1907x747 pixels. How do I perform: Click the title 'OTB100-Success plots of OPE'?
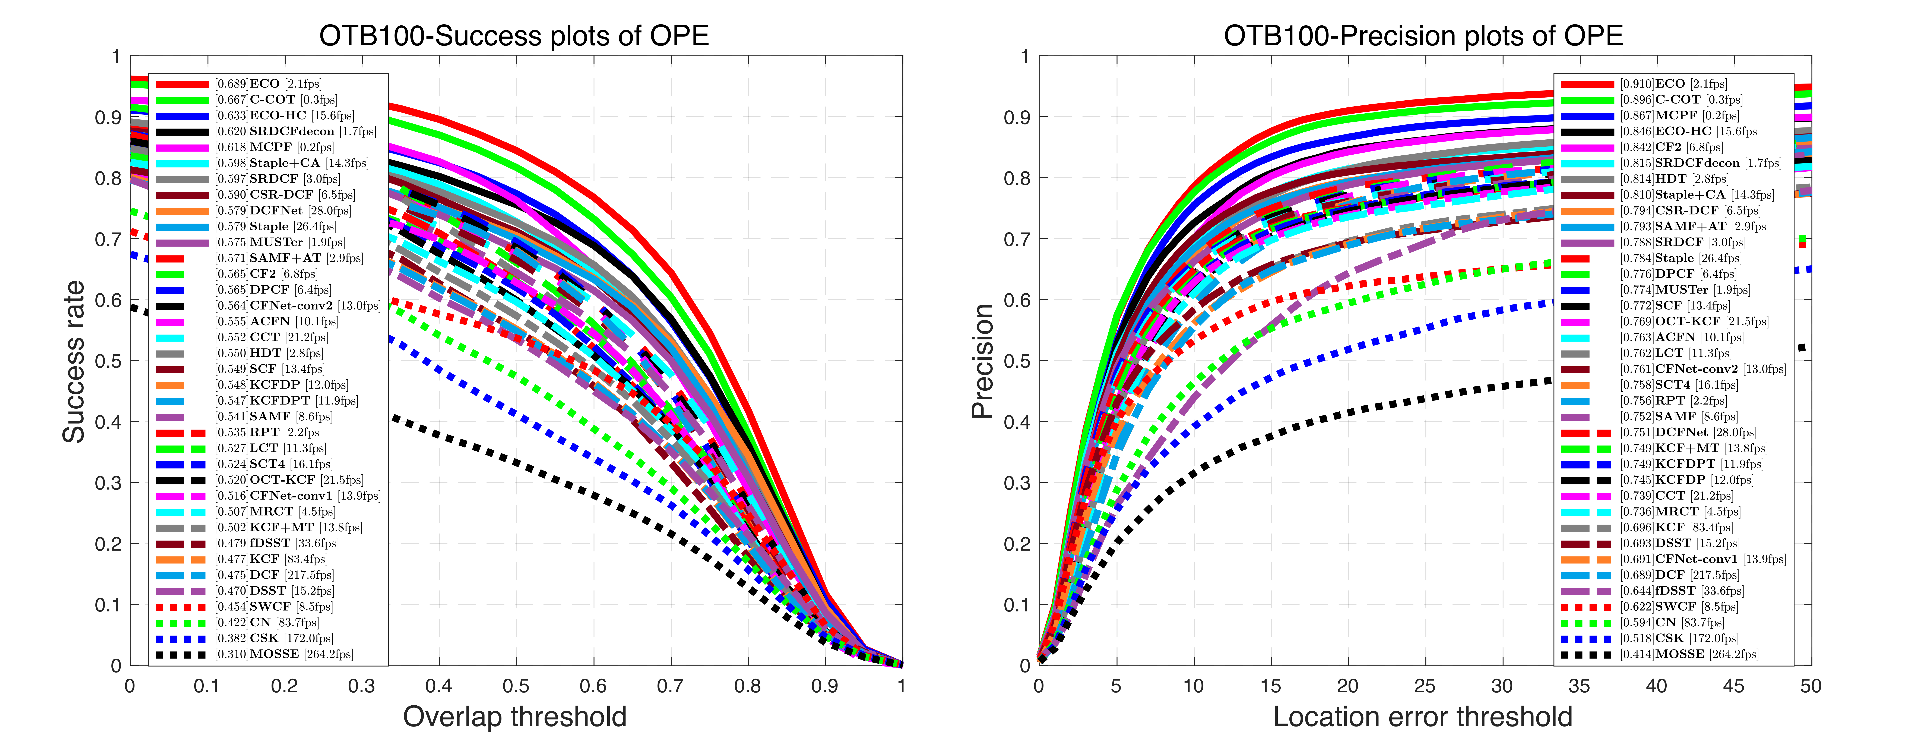[514, 35]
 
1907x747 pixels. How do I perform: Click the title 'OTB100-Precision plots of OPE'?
[1423, 35]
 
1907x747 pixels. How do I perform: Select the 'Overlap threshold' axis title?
[514, 717]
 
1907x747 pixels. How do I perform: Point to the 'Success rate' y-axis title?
[74, 361]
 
